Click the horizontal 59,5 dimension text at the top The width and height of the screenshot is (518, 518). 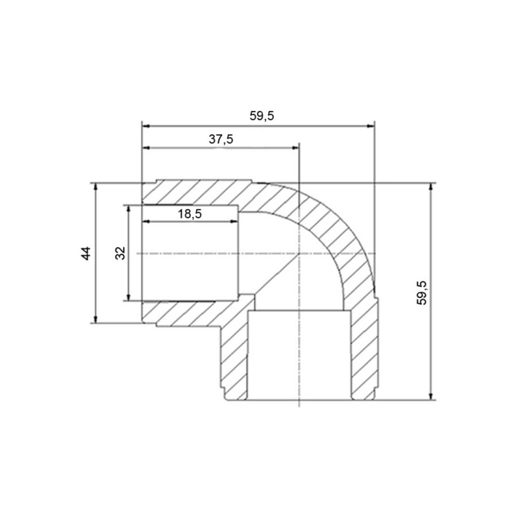262,116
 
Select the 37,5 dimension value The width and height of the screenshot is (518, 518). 221,139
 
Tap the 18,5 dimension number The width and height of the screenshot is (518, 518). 190,214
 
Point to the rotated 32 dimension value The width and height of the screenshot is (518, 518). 121,253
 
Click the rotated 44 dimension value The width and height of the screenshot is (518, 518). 86,253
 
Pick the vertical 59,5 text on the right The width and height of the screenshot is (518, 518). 422,293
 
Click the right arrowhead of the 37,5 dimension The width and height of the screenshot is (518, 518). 295,148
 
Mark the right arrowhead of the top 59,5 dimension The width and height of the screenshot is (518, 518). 371,126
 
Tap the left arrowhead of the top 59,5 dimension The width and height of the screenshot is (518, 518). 146,126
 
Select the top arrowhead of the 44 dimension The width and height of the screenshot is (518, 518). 95,186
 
